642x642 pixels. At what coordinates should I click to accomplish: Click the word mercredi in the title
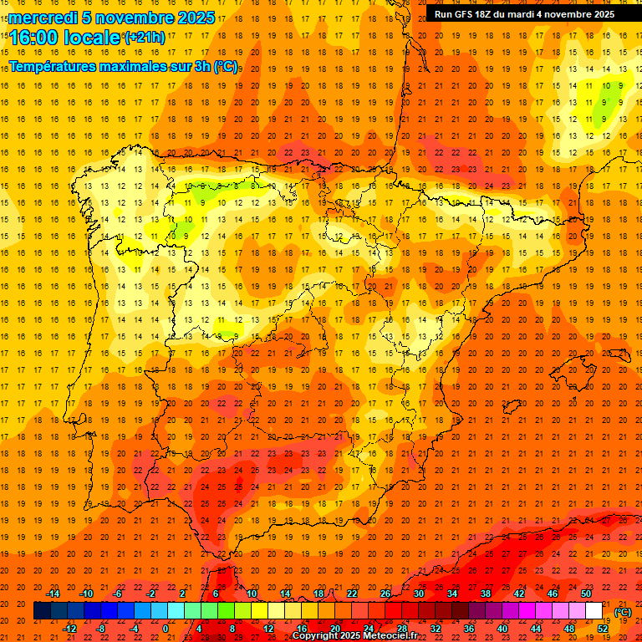[44, 18]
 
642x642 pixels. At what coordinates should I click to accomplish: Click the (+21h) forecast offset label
[145, 38]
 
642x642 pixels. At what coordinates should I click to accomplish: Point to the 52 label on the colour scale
[603, 629]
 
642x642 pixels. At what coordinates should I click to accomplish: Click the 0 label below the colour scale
[166, 629]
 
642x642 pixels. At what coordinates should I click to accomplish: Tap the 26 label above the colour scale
[385, 594]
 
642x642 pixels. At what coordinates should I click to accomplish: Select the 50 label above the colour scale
[586, 594]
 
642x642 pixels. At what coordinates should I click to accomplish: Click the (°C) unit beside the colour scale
[623, 612]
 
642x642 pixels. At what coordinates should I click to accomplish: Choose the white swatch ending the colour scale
[594, 611]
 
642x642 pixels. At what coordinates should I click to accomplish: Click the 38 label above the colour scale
[486, 594]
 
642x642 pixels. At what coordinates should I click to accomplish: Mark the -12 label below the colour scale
[69, 629]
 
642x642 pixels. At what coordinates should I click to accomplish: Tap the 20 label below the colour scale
[334, 629]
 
